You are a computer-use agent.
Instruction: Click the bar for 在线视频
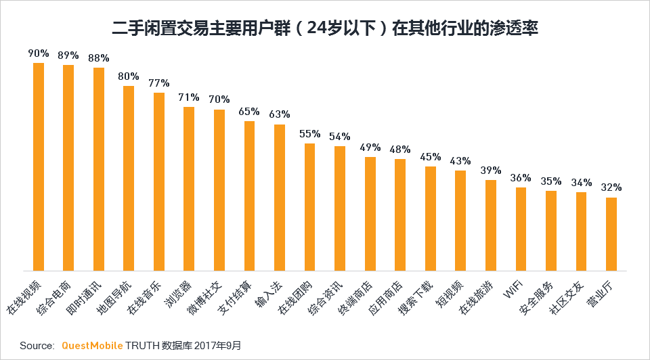pyautogui.click(x=39, y=166)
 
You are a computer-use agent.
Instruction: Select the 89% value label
pyautogui.click(x=68, y=55)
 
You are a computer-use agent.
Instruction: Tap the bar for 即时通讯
pyautogui.click(x=99, y=169)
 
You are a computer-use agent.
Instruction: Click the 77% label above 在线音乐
pyautogui.click(x=158, y=83)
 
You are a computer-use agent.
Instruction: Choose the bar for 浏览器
pyautogui.click(x=189, y=189)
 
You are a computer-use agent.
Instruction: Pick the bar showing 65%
pyautogui.click(x=249, y=196)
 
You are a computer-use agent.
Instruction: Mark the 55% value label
pyautogui.click(x=309, y=133)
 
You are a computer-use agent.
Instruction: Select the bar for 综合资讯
pyautogui.click(x=340, y=208)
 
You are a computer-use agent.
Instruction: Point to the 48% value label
pyautogui.click(x=399, y=149)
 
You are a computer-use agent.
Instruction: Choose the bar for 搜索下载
pyautogui.click(x=430, y=219)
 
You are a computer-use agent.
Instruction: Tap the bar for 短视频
pyautogui.click(x=460, y=221)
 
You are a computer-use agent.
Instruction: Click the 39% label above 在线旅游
pyautogui.click(x=490, y=170)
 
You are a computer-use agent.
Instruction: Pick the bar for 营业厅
pyautogui.click(x=611, y=234)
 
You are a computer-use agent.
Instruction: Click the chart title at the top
pyautogui.click(x=325, y=28)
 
